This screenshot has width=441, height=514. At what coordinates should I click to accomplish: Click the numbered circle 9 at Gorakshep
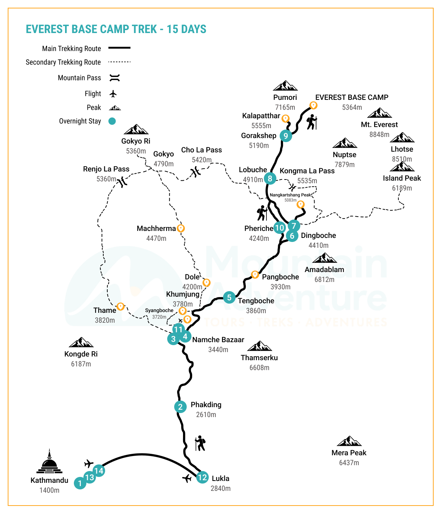tap(286, 136)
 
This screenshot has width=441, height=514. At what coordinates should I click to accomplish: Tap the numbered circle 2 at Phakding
tap(180, 406)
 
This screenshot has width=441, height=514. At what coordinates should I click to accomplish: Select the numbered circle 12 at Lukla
tap(202, 477)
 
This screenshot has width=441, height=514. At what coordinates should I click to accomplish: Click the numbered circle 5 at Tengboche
tap(229, 297)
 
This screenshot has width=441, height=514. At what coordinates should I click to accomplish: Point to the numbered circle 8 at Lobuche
tap(270, 178)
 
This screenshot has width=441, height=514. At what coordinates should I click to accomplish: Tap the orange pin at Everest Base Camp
tap(313, 105)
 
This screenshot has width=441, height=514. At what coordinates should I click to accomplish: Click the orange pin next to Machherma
tap(180, 228)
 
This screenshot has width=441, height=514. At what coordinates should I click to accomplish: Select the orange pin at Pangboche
tap(255, 274)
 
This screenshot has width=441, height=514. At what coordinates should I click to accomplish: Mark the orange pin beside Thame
tap(120, 306)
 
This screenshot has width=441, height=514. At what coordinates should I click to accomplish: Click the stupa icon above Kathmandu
tap(49, 461)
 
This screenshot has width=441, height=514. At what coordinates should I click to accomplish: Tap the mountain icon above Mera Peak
tap(349, 441)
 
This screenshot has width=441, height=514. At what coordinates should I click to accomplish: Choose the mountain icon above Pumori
tap(285, 86)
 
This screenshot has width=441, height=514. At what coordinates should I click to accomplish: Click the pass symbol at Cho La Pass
tap(196, 171)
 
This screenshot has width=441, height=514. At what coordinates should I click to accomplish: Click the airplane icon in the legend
tap(113, 94)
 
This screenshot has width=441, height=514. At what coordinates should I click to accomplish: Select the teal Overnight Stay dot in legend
tap(112, 121)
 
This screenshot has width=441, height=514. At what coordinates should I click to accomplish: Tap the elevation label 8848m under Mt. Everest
tap(379, 134)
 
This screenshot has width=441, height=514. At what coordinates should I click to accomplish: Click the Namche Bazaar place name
tap(218, 340)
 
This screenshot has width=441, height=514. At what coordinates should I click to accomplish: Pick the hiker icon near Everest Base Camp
tap(312, 122)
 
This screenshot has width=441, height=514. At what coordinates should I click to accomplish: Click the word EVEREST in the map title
tap(47, 29)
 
